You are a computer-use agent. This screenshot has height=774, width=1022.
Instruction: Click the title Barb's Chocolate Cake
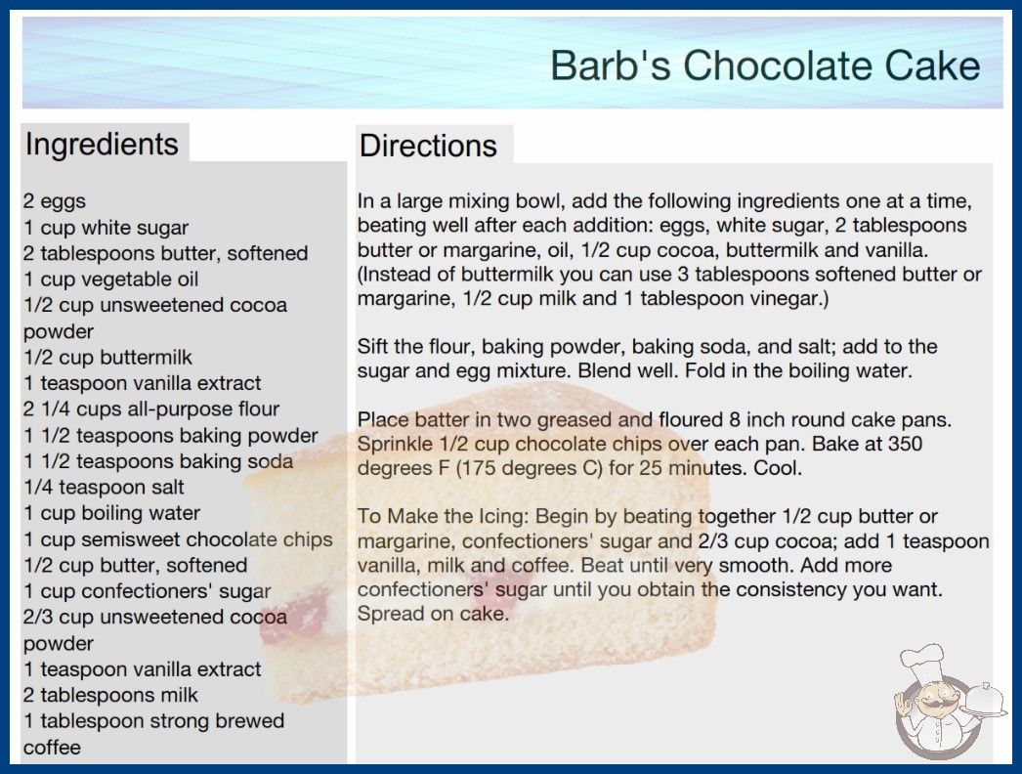click(x=765, y=65)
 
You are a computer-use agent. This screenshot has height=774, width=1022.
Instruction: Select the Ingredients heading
click(x=102, y=145)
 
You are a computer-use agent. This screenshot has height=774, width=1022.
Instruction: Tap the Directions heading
click(x=428, y=146)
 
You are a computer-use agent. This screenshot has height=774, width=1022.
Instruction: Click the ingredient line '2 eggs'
click(x=55, y=201)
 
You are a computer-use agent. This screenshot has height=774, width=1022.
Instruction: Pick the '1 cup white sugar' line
click(x=106, y=228)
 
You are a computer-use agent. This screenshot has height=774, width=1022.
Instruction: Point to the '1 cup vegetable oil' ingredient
click(x=110, y=279)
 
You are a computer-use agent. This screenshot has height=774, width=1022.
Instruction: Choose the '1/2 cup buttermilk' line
click(x=108, y=358)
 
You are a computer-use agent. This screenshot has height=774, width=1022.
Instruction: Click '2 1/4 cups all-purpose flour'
click(x=151, y=408)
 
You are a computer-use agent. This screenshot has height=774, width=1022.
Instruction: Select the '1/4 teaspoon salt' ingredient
click(x=104, y=487)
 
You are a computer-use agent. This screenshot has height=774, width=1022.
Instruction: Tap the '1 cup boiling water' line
click(x=111, y=513)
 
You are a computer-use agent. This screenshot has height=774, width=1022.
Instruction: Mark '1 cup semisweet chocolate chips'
click(x=178, y=539)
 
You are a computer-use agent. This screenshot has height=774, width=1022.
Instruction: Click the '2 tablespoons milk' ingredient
click(x=110, y=695)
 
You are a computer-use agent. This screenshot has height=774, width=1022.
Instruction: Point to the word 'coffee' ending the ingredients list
click(x=52, y=748)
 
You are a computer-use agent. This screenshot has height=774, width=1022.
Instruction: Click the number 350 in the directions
click(x=904, y=444)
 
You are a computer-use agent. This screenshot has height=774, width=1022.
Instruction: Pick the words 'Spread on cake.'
click(x=433, y=614)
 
